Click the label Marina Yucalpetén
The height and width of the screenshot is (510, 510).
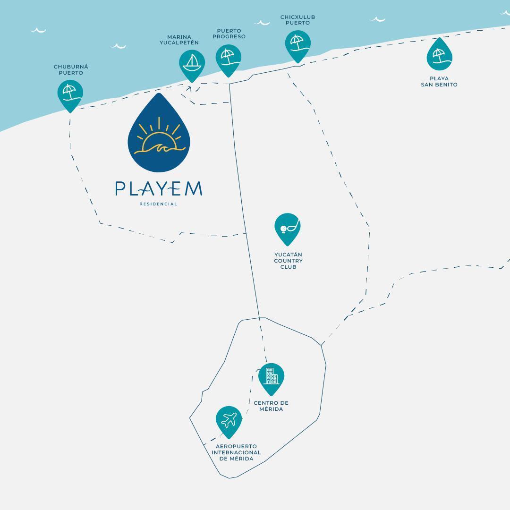click(179, 40)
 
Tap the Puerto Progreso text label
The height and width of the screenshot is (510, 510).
click(229, 34)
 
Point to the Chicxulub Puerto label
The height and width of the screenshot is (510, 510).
click(297, 20)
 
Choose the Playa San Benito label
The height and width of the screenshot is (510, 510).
click(439, 82)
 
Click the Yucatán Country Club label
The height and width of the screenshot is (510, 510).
click(288, 261)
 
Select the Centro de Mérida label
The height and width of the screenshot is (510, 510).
click(271, 406)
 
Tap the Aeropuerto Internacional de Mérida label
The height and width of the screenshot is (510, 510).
click(237, 452)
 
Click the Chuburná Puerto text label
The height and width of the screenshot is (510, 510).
click(71, 69)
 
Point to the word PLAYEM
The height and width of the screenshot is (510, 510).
click(159, 188)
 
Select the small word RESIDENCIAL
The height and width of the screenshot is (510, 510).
click(158, 204)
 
